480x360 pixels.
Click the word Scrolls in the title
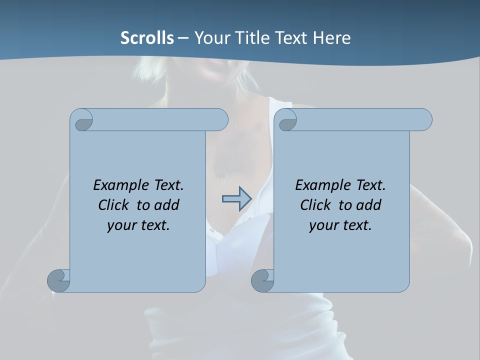(147, 38)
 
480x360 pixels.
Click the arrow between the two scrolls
(236, 199)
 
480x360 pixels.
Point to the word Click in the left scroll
(116, 205)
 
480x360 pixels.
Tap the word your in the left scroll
(120, 225)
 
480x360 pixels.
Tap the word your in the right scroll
(322, 225)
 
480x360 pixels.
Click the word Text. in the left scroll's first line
(167, 185)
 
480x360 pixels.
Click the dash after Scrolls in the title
(183, 38)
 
